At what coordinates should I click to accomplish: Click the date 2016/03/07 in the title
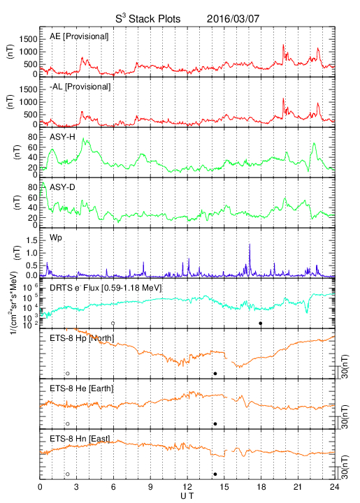tap(233, 19)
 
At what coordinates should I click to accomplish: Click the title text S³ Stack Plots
tap(148, 19)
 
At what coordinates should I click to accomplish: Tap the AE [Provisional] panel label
tap(79, 36)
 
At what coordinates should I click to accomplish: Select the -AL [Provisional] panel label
tap(80, 87)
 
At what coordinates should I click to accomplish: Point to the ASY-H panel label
tap(62, 137)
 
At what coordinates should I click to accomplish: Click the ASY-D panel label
tap(62, 187)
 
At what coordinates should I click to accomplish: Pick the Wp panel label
tap(56, 238)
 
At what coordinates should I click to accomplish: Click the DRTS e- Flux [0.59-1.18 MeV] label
tap(106, 288)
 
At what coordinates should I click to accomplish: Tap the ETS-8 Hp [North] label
tap(82, 338)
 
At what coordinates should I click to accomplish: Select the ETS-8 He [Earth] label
tap(82, 388)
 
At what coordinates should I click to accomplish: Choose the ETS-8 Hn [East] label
tap(80, 439)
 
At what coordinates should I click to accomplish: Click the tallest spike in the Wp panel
tap(250, 245)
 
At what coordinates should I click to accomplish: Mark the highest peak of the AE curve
tap(283, 45)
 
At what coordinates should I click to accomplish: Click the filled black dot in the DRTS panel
tap(261, 323)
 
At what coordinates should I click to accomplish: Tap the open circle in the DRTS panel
tap(113, 323)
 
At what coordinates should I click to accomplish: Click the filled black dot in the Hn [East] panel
tap(215, 474)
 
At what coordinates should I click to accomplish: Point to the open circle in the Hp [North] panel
tap(68, 373)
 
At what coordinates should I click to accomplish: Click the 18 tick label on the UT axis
tap(261, 487)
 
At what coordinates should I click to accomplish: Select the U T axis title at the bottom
tap(187, 496)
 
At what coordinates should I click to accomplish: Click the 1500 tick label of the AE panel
tap(28, 39)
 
